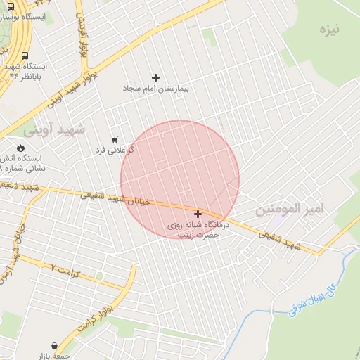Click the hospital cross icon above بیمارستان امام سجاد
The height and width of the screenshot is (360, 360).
[155, 77]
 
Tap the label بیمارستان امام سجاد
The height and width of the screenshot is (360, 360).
[156, 89]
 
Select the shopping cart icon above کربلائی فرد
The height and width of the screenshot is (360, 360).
[115, 139]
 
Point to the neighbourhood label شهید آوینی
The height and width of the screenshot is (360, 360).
[53, 129]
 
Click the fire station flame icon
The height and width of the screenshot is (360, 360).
[20, 148]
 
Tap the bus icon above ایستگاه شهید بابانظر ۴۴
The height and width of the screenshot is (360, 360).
[25, 56]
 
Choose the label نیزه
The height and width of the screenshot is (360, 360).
[328, 30]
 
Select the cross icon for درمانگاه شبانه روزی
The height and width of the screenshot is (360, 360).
[198, 214]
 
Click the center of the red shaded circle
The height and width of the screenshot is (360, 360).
[180, 180]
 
